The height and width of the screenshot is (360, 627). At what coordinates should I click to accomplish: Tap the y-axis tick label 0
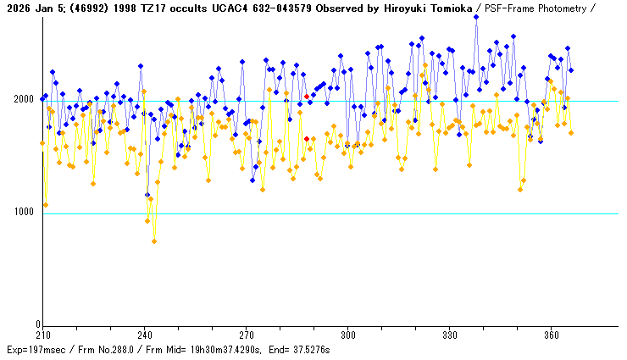click(x=37, y=324)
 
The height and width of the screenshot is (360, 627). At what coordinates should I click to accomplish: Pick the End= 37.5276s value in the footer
click(x=298, y=349)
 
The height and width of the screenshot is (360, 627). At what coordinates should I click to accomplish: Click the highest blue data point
click(x=476, y=16)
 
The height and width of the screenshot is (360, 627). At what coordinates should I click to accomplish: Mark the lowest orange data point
click(x=154, y=241)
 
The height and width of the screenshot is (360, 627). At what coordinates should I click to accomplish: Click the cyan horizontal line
click(x=339, y=213)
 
